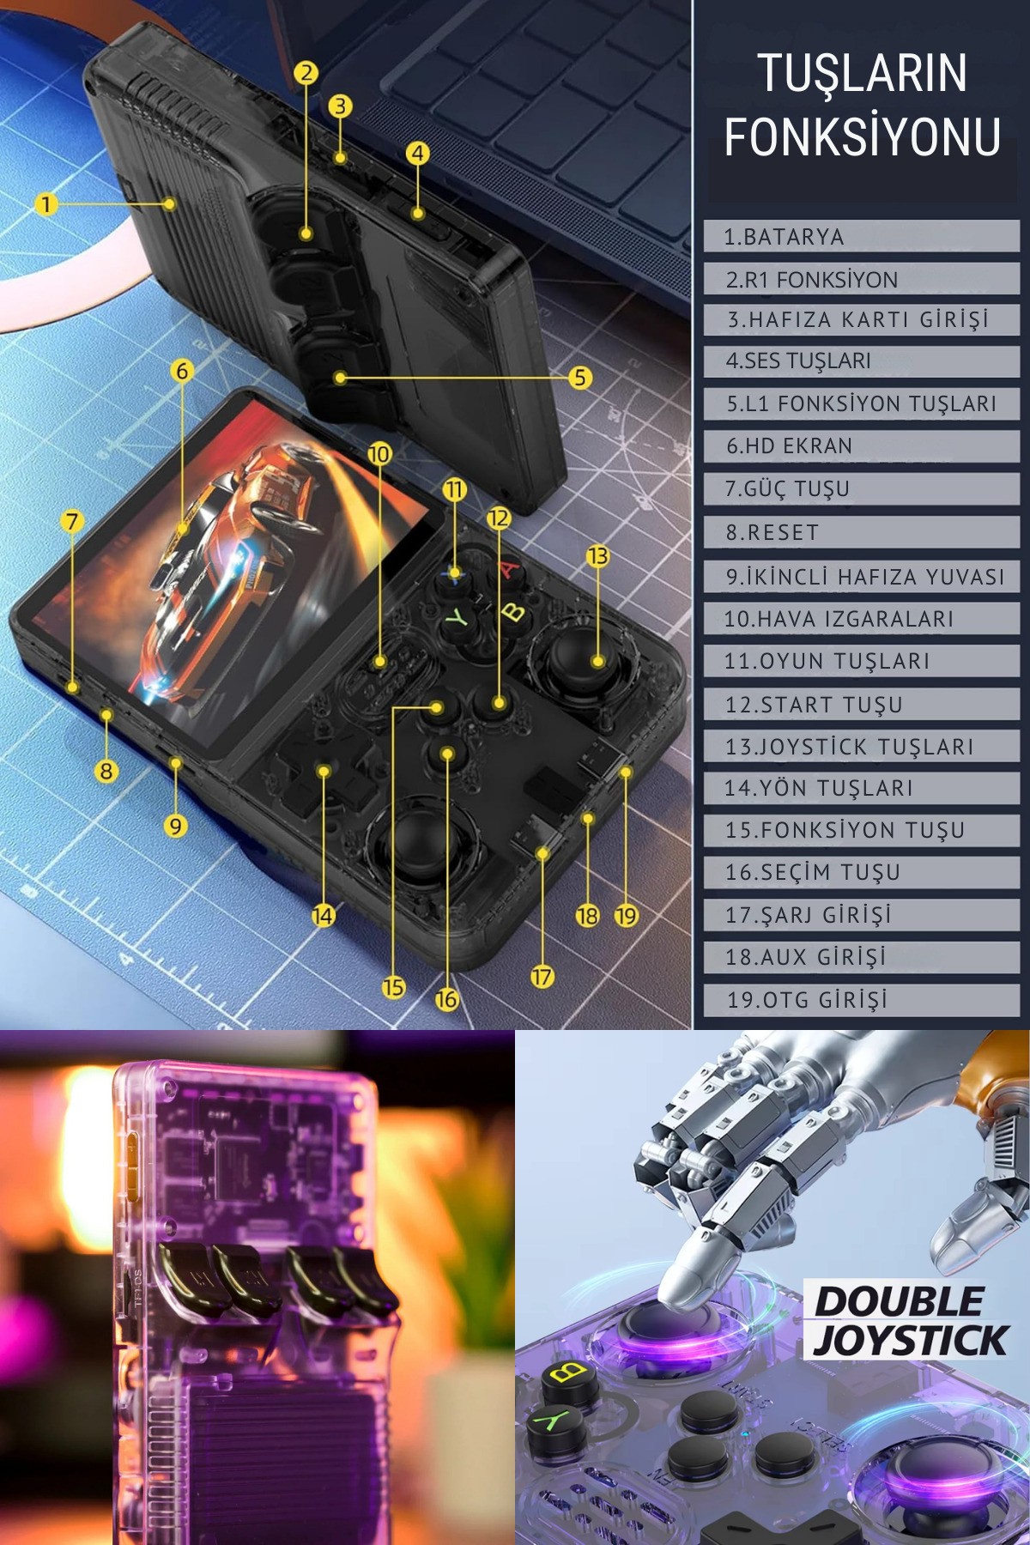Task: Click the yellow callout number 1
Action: [46, 204]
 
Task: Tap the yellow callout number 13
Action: [597, 556]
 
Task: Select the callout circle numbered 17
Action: [542, 976]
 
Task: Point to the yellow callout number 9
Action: [175, 826]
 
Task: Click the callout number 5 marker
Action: [580, 377]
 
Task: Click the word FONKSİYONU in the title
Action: [863, 136]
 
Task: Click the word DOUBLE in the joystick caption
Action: [899, 1301]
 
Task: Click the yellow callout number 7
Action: [72, 521]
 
